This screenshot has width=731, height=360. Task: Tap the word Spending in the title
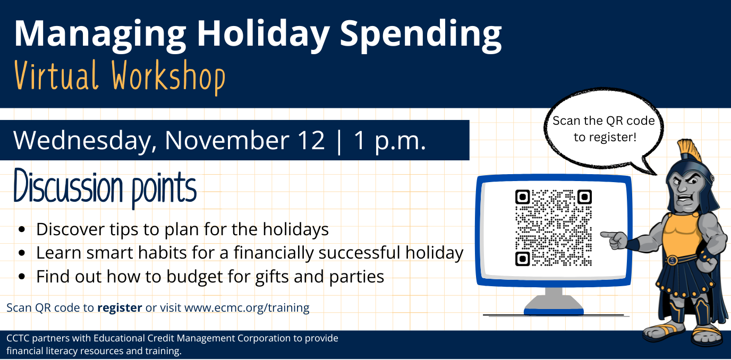click(x=421, y=34)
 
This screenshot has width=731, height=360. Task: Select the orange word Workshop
click(x=169, y=77)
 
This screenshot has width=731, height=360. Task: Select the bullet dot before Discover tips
click(x=22, y=230)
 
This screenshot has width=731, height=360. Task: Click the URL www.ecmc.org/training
click(x=246, y=307)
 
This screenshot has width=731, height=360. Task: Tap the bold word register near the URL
click(x=120, y=307)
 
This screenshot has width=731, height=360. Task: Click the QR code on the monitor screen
click(x=553, y=227)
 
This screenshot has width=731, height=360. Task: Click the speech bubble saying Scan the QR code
click(x=603, y=129)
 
